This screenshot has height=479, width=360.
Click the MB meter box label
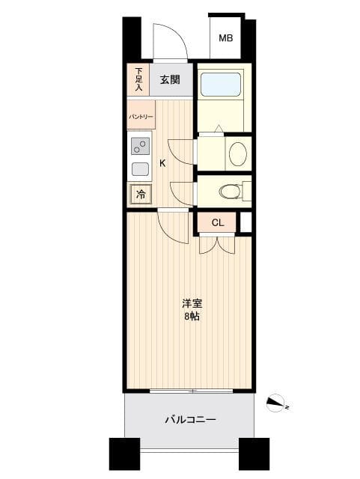(x=225, y=38)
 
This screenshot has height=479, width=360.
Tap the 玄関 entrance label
(x=169, y=80)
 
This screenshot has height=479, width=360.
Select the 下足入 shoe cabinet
(x=138, y=80)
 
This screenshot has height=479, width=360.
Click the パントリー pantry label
(x=140, y=117)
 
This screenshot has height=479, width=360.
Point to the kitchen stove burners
(x=140, y=146)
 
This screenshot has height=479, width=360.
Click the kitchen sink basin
(x=140, y=169)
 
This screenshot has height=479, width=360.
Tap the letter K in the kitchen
(x=162, y=164)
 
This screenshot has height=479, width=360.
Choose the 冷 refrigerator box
(x=141, y=195)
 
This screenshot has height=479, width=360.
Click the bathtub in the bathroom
(x=221, y=84)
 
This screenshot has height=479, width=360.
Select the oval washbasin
(x=237, y=154)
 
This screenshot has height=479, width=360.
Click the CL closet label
(x=217, y=222)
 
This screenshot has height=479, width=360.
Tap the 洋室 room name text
(x=192, y=304)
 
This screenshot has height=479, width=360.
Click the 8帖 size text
(x=192, y=316)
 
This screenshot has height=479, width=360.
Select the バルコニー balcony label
(x=190, y=420)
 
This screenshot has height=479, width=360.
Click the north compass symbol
(x=277, y=403)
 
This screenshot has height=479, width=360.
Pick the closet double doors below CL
(x=218, y=245)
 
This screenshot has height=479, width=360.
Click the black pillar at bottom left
(x=124, y=454)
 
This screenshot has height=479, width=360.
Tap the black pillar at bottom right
(x=254, y=454)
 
